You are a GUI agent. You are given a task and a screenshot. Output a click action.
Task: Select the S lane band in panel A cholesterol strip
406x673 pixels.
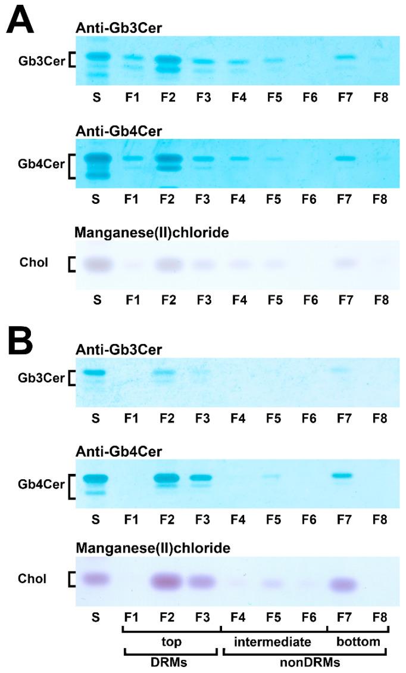[98, 263]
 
